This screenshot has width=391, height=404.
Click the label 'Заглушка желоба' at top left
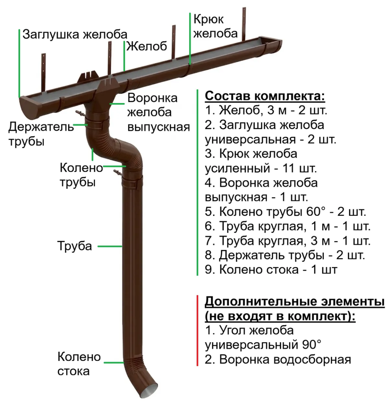[75, 34]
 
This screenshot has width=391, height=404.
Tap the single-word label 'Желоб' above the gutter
[146, 46]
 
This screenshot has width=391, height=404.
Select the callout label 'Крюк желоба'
[215, 26]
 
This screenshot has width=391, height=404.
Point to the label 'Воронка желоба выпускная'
[159, 112]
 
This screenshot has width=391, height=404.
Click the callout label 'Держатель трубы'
[41, 134]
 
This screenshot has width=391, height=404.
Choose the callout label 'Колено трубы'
[82, 175]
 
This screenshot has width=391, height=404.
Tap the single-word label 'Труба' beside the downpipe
[74, 246]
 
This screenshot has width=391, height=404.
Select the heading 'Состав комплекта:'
[265, 96]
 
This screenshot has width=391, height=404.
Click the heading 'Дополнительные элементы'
[295, 302]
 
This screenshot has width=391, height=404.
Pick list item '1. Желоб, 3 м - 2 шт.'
[266, 110]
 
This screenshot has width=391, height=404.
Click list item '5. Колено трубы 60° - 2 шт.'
[286, 211]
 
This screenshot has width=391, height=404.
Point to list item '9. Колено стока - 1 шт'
[271, 270]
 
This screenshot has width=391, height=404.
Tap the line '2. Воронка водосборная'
[278, 360]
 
